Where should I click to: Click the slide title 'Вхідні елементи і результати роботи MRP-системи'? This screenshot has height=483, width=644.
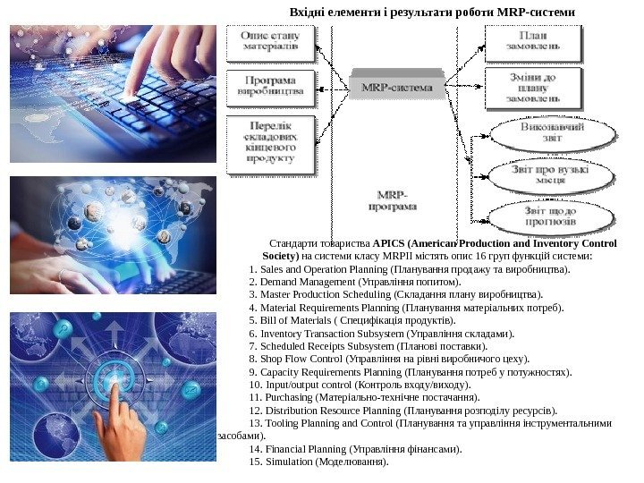click(430, 12)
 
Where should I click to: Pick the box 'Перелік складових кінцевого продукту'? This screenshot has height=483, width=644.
click(276, 142)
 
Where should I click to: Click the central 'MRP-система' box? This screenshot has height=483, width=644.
click(396, 88)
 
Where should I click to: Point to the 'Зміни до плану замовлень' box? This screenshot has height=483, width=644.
click(535, 88)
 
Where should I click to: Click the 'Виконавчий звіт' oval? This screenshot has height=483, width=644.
click(553, 134)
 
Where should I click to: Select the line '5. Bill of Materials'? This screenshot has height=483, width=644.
click(353, 320)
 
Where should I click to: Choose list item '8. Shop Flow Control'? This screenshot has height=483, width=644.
click(390, 359)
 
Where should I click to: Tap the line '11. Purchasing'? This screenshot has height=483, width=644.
click(366, 397)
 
